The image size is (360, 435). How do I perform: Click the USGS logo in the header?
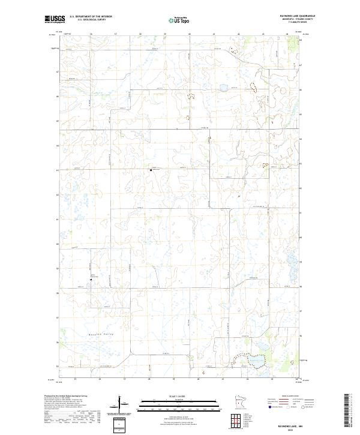(x=55, y=20)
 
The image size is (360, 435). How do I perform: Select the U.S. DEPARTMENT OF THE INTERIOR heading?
(x=91, y=17)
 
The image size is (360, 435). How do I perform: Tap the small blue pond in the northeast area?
(x=223, y=88)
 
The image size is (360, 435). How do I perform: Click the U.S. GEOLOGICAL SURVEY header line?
(x=83, y=20)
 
